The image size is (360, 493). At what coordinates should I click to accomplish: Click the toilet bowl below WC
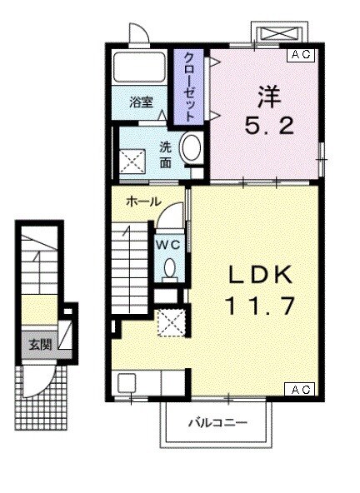[x=169, y=268]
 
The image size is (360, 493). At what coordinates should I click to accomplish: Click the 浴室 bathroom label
[x=141, y=102]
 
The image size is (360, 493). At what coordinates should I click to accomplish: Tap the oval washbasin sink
[x=191, y=148]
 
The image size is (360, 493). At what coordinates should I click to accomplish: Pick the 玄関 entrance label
[x=38, y=342]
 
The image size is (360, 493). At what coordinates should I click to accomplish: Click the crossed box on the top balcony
[x=280, y=34]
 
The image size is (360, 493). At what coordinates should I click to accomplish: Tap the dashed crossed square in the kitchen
[x=174, y=321]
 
